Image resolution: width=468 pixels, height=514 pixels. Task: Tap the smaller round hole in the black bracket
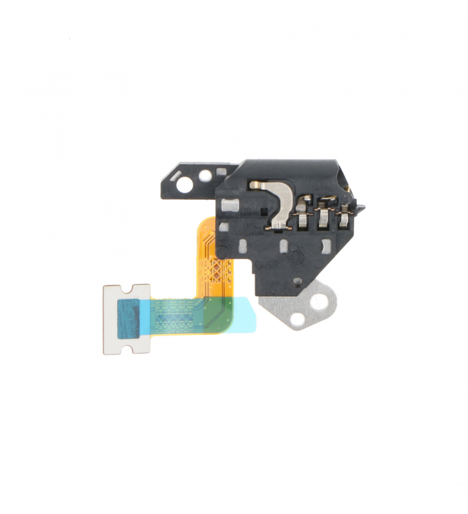coord(204,174)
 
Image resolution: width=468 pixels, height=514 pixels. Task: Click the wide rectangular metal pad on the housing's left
coord(229,206)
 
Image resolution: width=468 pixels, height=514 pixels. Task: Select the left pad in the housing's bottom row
coord(244,246)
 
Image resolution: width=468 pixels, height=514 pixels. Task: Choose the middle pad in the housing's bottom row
coord(285,245)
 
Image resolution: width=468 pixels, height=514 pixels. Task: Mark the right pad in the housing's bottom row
coord(326,245)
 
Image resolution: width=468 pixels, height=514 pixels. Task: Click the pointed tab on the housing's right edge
coord(361,208)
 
